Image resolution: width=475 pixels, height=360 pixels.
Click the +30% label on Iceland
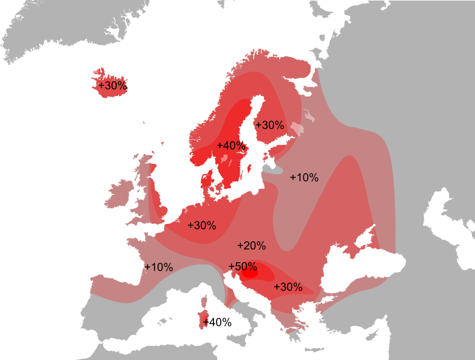pos(112,86)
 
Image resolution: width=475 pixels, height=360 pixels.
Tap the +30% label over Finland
pos(269,125)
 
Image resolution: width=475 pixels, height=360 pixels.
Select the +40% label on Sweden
pos(232,146)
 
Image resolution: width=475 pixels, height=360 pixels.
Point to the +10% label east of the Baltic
pos(304,178)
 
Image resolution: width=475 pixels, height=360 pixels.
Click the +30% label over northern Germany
pos(202,226)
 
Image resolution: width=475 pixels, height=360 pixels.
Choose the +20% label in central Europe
pos(251,245)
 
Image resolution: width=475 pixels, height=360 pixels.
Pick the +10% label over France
pos(158,268)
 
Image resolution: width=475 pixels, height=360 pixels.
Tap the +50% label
pos(242,266)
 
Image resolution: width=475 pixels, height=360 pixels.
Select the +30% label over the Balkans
pos(288,287)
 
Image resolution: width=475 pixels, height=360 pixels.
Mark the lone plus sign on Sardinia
pos(206,323)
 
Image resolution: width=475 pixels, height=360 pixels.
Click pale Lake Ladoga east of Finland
pos(297,128)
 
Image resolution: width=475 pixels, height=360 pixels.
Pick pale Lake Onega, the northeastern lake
pos(309,115)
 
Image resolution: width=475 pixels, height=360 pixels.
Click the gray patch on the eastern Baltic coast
pos(273,170)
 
